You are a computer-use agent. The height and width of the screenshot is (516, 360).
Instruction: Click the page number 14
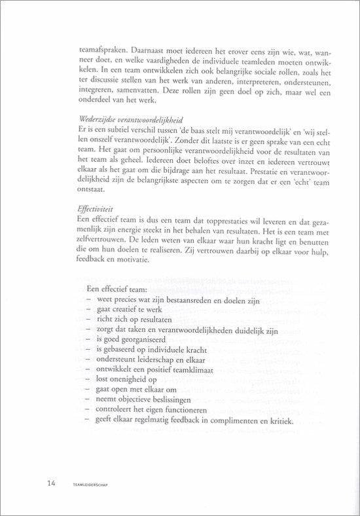point(50,484)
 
